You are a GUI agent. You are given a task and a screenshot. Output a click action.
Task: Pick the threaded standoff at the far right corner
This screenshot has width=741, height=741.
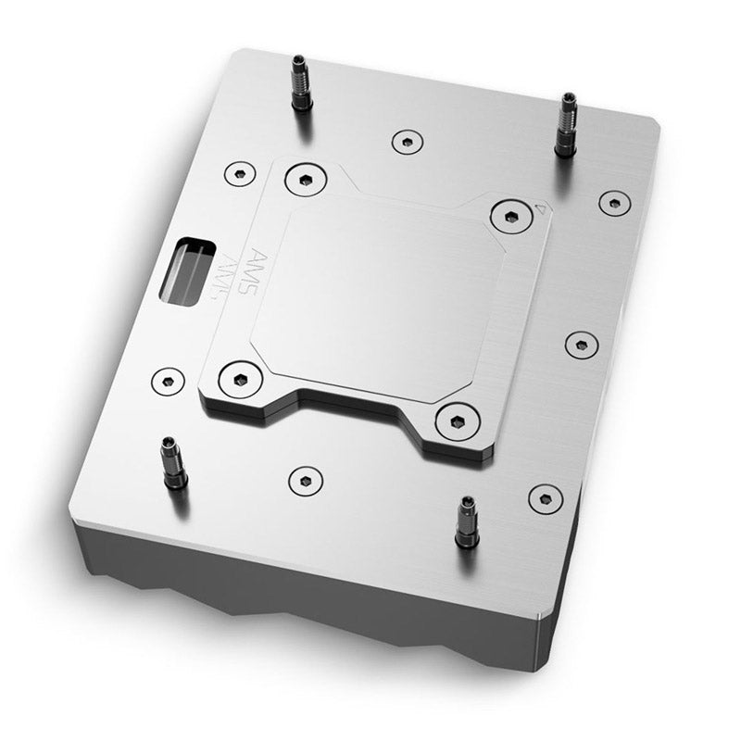click(x=565, y=125)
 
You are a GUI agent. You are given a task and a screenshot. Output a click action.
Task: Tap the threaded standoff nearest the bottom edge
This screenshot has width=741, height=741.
click(x=465, y=523)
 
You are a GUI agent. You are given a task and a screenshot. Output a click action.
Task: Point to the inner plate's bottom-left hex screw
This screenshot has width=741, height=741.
click(x=237, y=377)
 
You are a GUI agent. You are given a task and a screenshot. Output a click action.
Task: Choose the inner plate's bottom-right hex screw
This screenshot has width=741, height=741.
click(x=455, y=421)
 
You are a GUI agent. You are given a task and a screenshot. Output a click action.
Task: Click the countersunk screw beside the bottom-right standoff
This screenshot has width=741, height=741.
click(x=546, y=497)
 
